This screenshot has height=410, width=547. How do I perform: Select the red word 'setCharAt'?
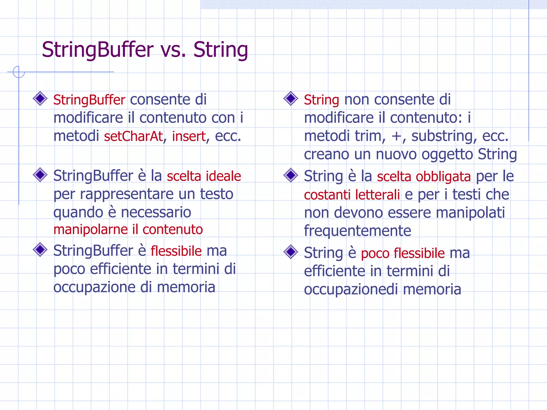pyautogui.click(x=133, y=136)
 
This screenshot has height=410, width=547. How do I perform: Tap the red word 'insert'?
pyautogui.click(x=189, y=136)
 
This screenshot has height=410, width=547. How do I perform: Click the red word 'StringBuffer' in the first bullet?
pyautogui.click(x=89, y=100)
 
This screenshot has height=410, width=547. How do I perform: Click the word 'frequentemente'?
pyautogui.click(x=357, y=231)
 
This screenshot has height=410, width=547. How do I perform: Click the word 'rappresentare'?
pyautogui.click(x=127, y=194)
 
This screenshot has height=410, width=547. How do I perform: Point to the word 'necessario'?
pyautogui.click(x=156, y=212)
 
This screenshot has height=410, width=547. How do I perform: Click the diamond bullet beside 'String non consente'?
pyautogui.click(x=291, y=98)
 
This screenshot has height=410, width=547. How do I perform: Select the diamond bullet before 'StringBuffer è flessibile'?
pyautogui.click(x=40, y=250)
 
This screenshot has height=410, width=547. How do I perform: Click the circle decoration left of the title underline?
pyautogui.click(x=19, y=72)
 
